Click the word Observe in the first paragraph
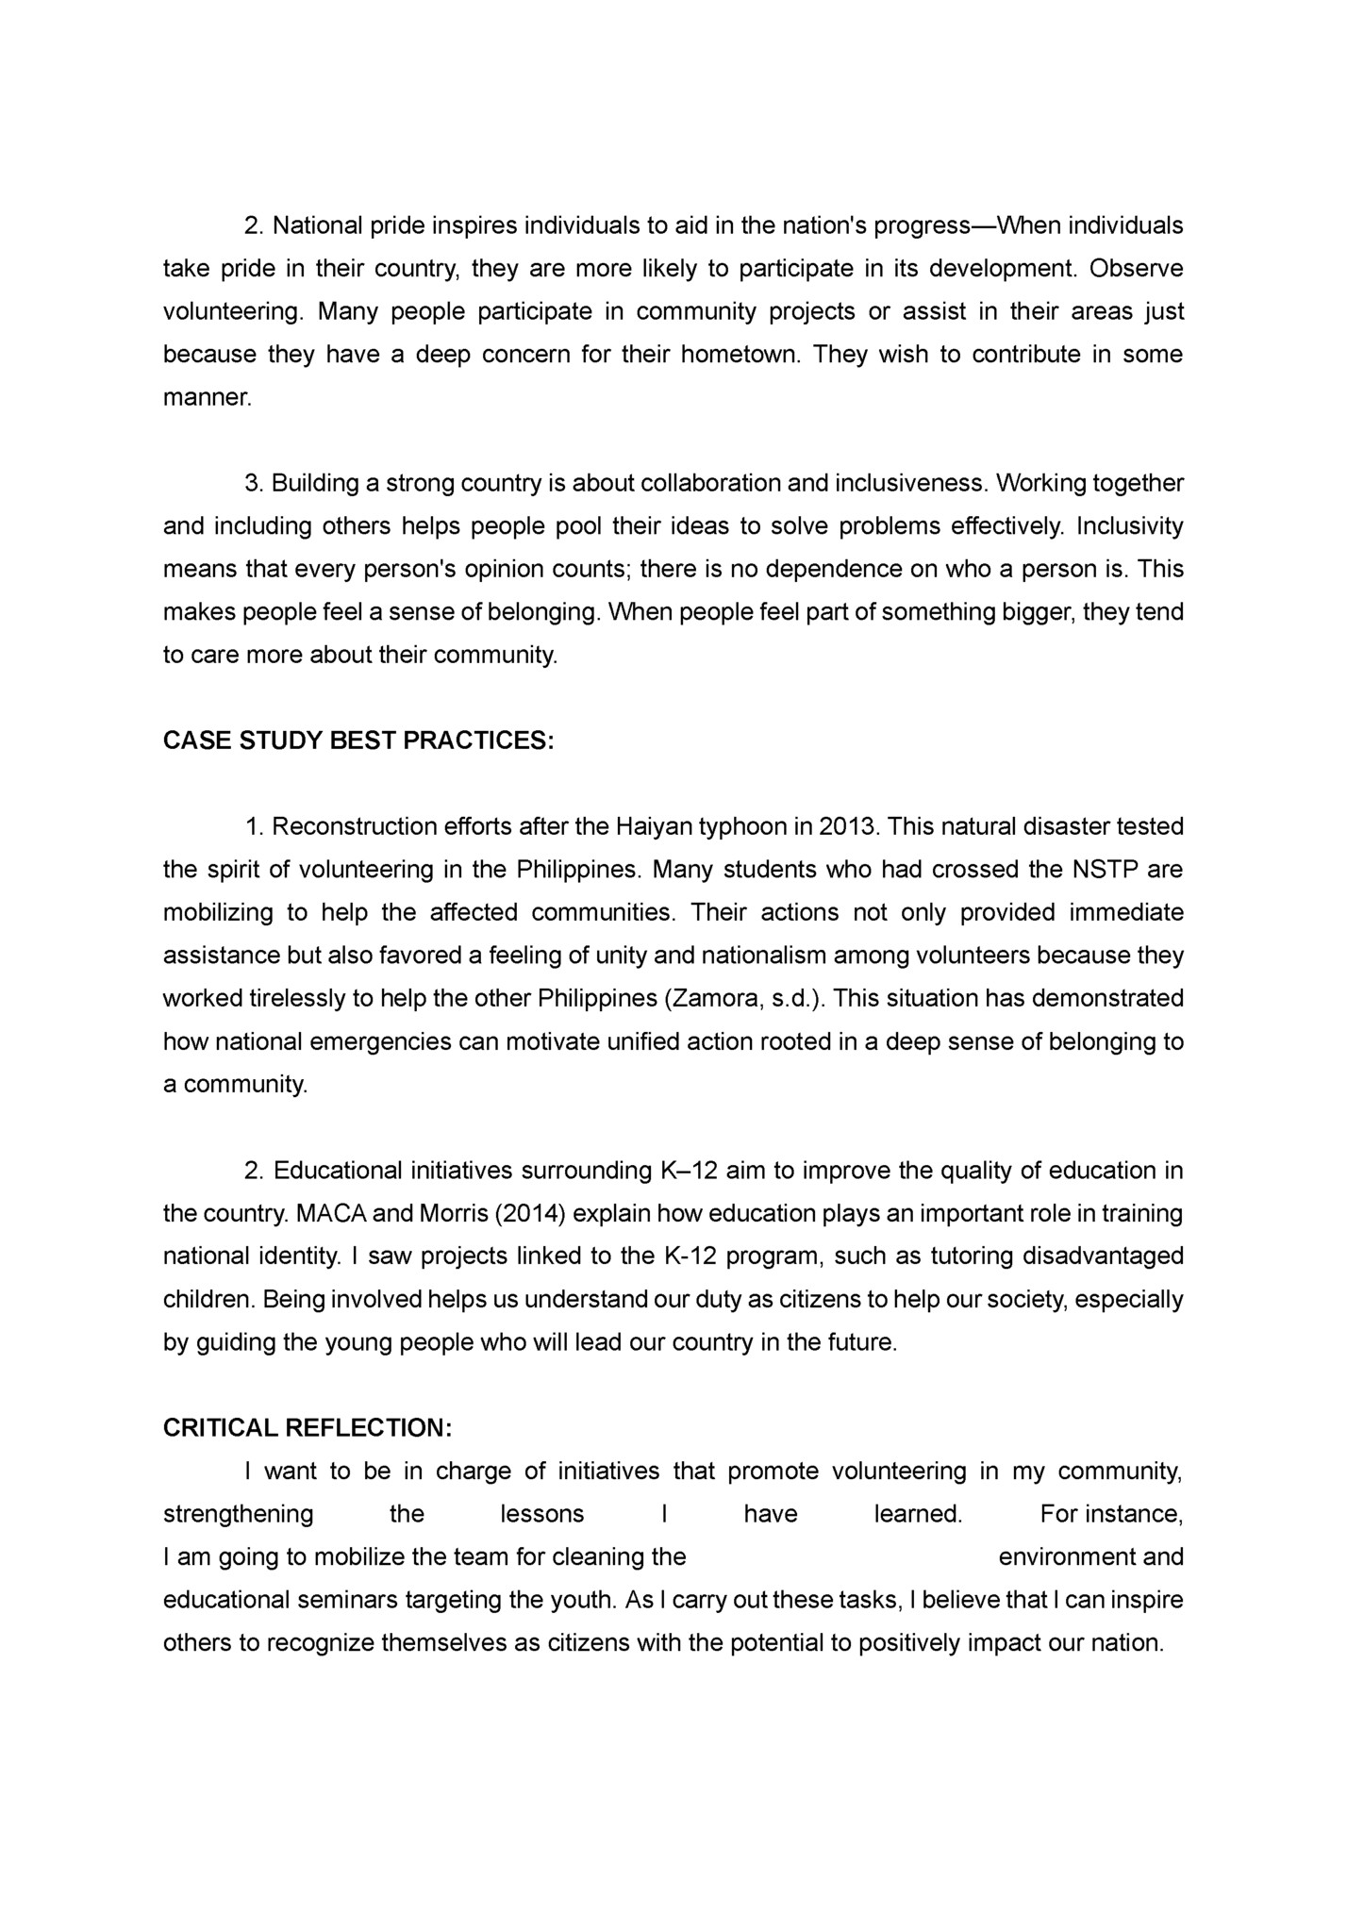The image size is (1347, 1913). [x=1136, y=269]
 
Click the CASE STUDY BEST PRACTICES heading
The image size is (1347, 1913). [x=358, y=740]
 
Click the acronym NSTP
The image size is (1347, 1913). [x=1105, y=870]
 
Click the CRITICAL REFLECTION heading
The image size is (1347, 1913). [x=308, y=1428]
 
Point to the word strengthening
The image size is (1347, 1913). [x=239, y=1515]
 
